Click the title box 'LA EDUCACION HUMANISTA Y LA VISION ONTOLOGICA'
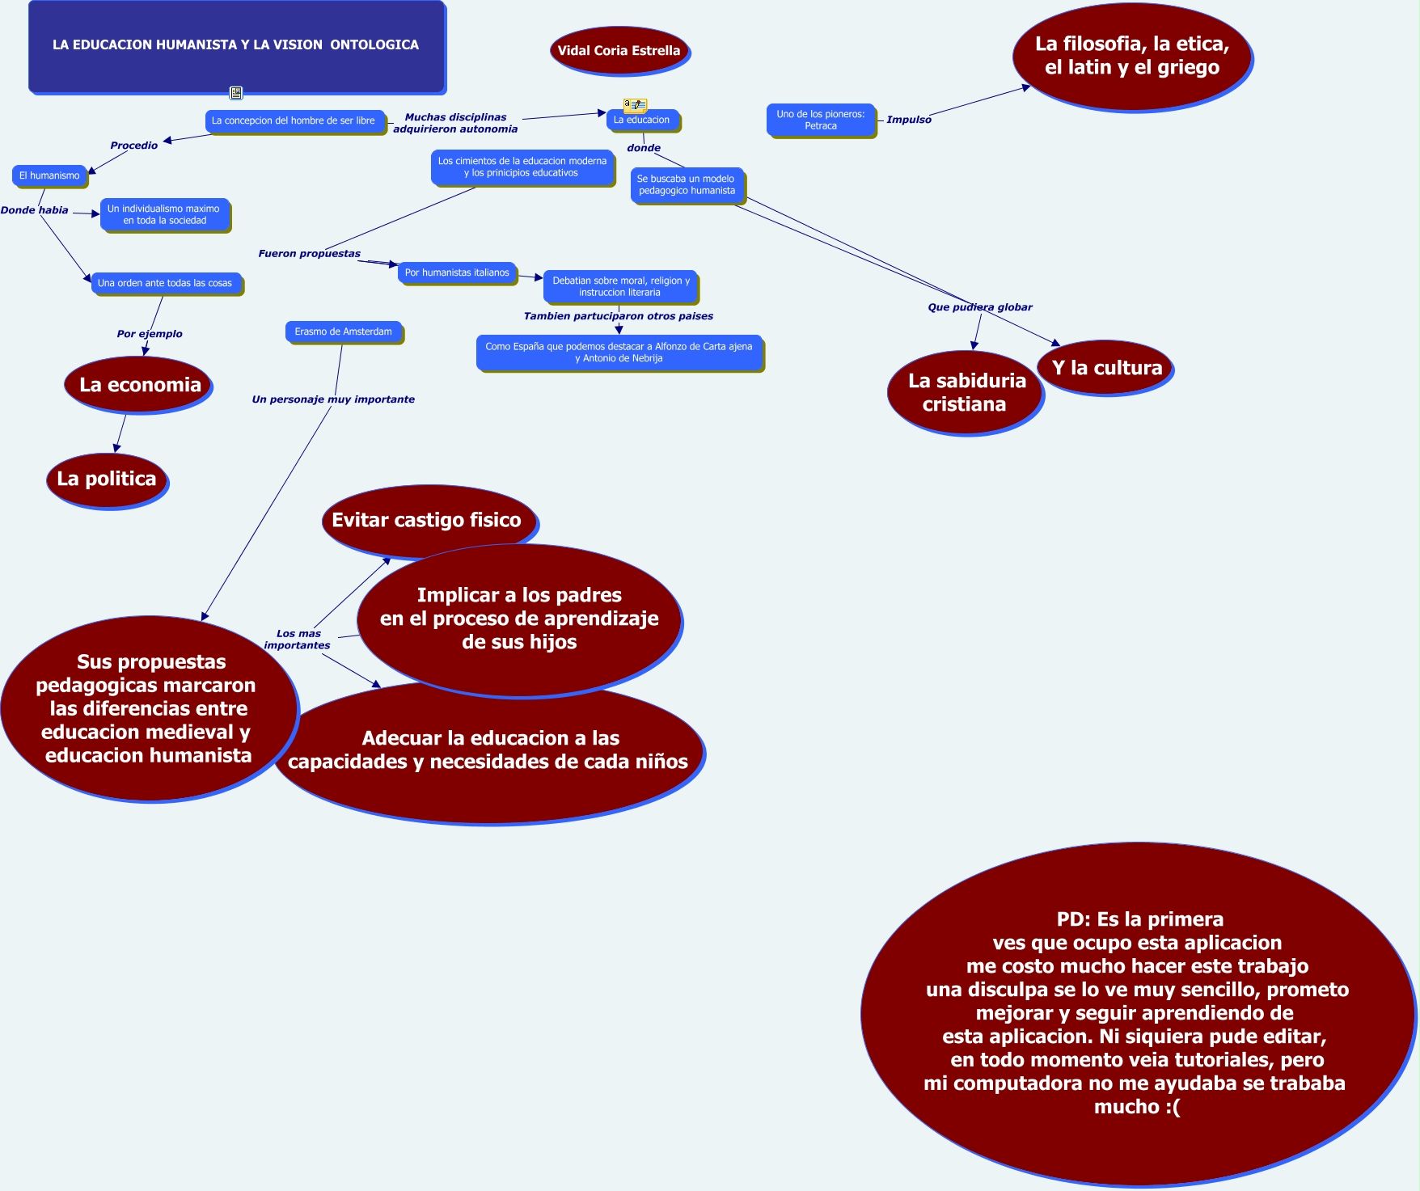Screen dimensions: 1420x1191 [236, 45]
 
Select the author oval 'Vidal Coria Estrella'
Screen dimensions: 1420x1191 [619, 50]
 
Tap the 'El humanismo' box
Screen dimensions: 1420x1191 [49, 175]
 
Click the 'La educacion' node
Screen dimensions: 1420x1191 [642, 120]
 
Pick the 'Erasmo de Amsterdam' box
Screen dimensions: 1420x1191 [344, 332]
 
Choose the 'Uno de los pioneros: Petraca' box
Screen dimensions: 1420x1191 [821, 120]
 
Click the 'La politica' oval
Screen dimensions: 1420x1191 [107, 479]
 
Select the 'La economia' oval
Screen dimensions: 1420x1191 [139, 385]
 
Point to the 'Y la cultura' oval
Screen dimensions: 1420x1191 [1105, 368]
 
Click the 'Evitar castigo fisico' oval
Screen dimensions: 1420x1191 [426, 519]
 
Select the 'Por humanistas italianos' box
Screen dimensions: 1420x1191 [457, 272]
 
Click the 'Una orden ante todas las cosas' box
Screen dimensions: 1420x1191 [165, 283]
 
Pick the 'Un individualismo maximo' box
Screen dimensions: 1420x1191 [164, 214]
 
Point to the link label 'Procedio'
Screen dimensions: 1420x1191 [134, 146]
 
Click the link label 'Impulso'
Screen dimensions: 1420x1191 [909, 120]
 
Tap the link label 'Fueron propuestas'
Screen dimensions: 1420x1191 [309, 253]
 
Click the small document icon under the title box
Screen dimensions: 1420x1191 [236, 93]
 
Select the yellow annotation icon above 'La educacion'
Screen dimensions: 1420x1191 [635, 104]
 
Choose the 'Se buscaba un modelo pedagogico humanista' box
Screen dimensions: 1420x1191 [687, 185]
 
